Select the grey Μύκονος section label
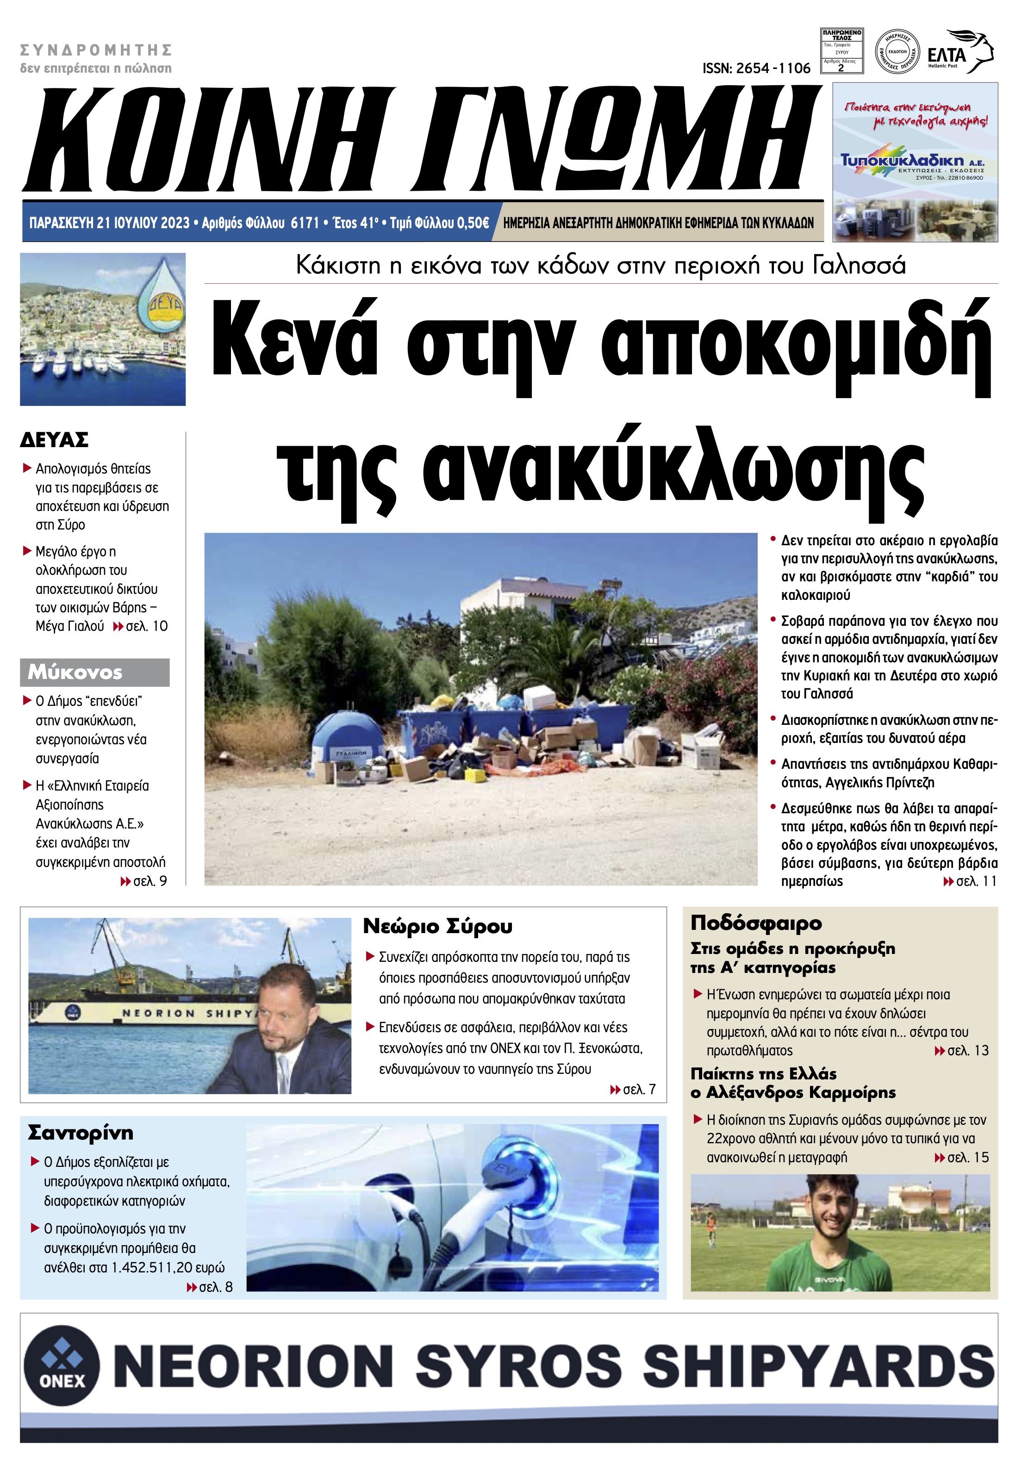coord(94,673)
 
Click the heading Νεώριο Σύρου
coord(437,926)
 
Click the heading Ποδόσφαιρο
coord(755,923)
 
